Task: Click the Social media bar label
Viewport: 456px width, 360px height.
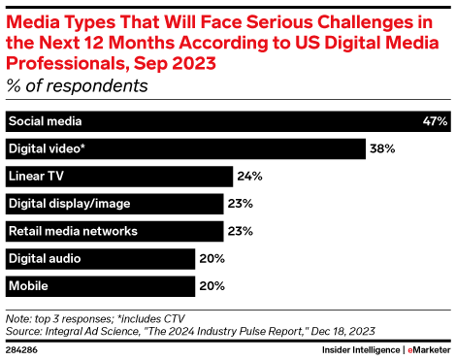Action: point(45,121)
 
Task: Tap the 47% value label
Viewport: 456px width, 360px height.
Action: point(435,121)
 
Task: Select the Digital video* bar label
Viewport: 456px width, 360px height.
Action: point(46,148)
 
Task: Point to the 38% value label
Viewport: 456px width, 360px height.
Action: point(381,148)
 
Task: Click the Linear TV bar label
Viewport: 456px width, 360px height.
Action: point(37,177)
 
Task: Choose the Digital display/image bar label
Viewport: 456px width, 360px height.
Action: point(69,204)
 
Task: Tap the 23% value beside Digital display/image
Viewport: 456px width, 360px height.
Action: point(241,204)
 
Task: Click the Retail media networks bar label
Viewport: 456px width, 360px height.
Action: point(73,231)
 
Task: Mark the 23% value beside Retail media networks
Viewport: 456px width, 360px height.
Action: point(241,231)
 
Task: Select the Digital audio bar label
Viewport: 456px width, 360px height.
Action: point(45,258)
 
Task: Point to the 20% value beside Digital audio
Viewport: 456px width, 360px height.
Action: point(212,258)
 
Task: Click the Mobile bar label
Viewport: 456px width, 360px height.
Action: point(28,286)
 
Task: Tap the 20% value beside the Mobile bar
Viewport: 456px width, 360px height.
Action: point(212,286)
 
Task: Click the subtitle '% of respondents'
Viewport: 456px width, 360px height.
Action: point(78,85)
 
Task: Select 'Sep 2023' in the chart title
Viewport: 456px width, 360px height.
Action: point(179,62)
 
